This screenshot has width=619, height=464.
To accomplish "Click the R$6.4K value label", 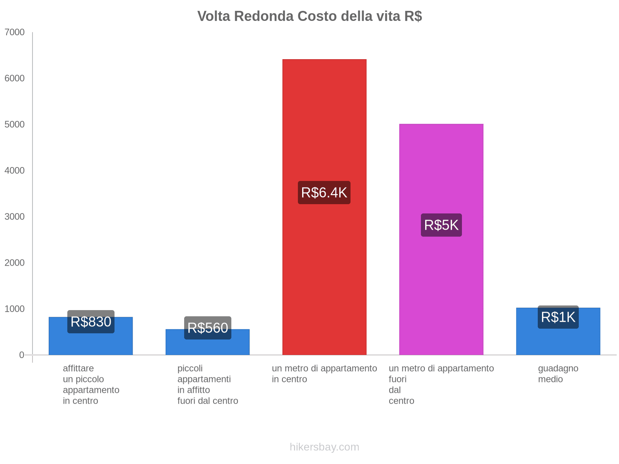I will (324, 193).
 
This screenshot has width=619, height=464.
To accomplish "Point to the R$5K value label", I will (441, 225).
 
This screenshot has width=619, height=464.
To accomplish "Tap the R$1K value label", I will (558, 317).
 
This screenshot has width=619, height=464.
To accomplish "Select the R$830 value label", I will (91, 322).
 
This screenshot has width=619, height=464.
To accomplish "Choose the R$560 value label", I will (207, 328).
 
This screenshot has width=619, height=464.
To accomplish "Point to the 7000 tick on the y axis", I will (15, 32).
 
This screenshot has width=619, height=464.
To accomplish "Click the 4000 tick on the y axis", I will (15, 171).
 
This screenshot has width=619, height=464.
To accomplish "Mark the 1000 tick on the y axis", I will (15, 309).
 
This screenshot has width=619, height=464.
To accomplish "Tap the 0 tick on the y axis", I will (22, 355).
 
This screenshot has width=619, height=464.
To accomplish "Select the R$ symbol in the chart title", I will (413, 16).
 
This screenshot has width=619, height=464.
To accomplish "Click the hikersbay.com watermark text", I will (324, 447).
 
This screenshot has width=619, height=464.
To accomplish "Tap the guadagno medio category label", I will (558, 374).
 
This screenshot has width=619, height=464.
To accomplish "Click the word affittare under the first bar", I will (78, 368).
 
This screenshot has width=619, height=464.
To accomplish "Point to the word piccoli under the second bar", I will (190, 368).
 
